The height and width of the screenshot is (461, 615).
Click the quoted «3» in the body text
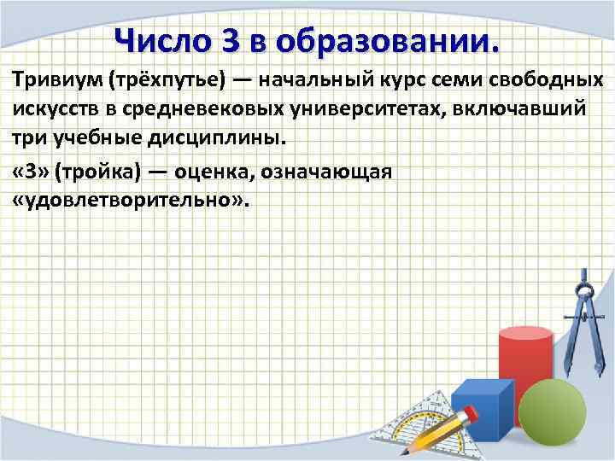(x=31, y=172)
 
